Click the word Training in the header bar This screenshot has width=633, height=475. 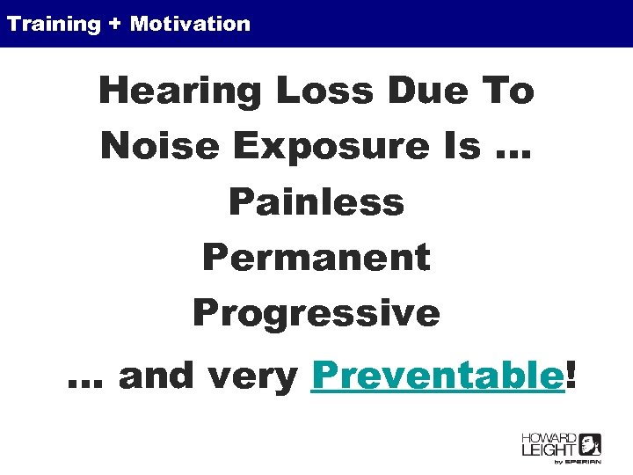point(54,24)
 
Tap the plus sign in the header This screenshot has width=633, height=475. point(116,24)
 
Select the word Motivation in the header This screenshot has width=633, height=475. point(190,24)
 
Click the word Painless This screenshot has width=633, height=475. point(316,202)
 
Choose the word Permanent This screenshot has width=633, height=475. point(316,258)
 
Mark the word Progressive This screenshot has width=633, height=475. point(316,314)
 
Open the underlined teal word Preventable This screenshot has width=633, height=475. point(437,376)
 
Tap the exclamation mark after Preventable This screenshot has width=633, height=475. point(573,376)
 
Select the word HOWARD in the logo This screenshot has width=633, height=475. point(549,438)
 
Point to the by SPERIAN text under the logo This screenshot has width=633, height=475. point(576,462)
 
